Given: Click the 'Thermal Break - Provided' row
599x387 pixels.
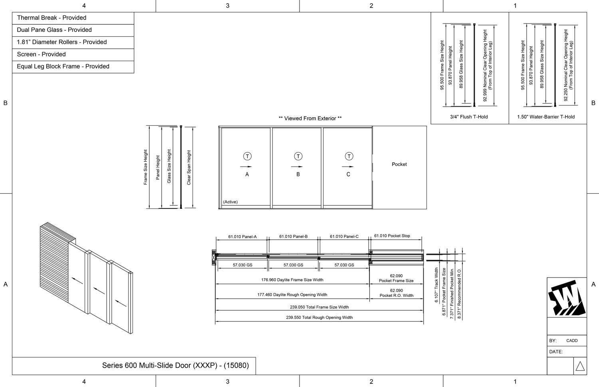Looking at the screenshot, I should click(52, 18).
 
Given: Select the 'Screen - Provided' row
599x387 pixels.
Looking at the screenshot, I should click(41, 54).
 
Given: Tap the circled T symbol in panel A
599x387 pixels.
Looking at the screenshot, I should click(247, 156).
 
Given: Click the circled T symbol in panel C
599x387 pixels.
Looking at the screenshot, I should click(349, 156).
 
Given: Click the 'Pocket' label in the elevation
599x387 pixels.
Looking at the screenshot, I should click(399, 164).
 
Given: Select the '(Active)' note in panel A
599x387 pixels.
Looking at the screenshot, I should click(230, 202).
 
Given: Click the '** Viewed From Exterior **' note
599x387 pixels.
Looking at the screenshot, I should click(310, 118).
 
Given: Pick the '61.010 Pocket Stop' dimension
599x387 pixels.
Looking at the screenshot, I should click(392, 236).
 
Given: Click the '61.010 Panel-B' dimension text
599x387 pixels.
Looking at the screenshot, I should click(293, 236).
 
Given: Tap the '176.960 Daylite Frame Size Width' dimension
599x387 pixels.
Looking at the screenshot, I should click(292, 280).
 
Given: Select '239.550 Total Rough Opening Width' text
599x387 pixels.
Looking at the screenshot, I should click(319, 318).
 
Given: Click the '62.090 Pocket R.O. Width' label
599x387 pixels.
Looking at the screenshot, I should click(396, 293).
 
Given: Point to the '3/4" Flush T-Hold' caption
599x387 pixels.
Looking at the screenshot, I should click(469, 117).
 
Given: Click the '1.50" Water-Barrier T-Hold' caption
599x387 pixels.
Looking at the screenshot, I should click(545, 117).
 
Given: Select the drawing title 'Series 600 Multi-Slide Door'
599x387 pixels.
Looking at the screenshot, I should click(175, 365).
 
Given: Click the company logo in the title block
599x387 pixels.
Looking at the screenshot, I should click(566, 298).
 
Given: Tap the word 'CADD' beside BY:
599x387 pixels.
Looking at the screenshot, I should click(572, 341).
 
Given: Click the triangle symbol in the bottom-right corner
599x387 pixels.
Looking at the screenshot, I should click(580, 366).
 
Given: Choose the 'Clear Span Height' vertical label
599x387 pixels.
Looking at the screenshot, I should click(189, 167).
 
